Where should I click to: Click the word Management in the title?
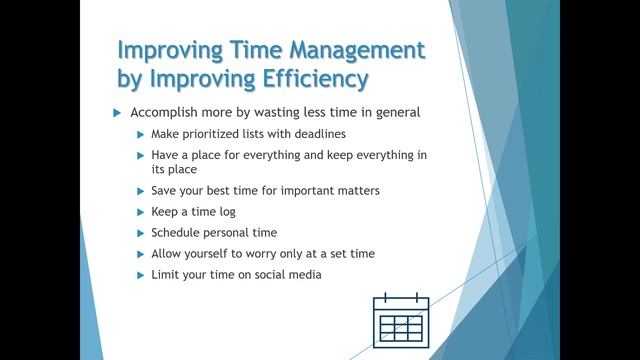point(347,50)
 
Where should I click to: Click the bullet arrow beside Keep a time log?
point(140,212)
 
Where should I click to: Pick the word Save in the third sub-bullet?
point(165,191)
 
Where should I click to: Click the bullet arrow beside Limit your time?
point(140,274)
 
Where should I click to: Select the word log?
point(227,212)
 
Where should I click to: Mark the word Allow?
point(168,253)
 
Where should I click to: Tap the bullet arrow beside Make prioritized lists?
point(140,134)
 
